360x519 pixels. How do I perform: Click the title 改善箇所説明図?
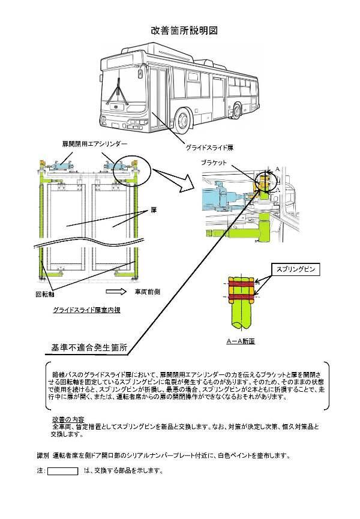click(184, 30)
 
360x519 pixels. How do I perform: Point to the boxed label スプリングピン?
click(295, 270)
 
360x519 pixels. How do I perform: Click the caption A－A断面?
click(240, 340)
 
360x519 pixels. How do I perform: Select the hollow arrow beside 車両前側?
click(116, 292)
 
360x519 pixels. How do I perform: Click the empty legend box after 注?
click(64, 470)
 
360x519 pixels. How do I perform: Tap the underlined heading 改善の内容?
click(68, 418)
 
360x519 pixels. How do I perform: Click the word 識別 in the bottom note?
click(43, 455)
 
